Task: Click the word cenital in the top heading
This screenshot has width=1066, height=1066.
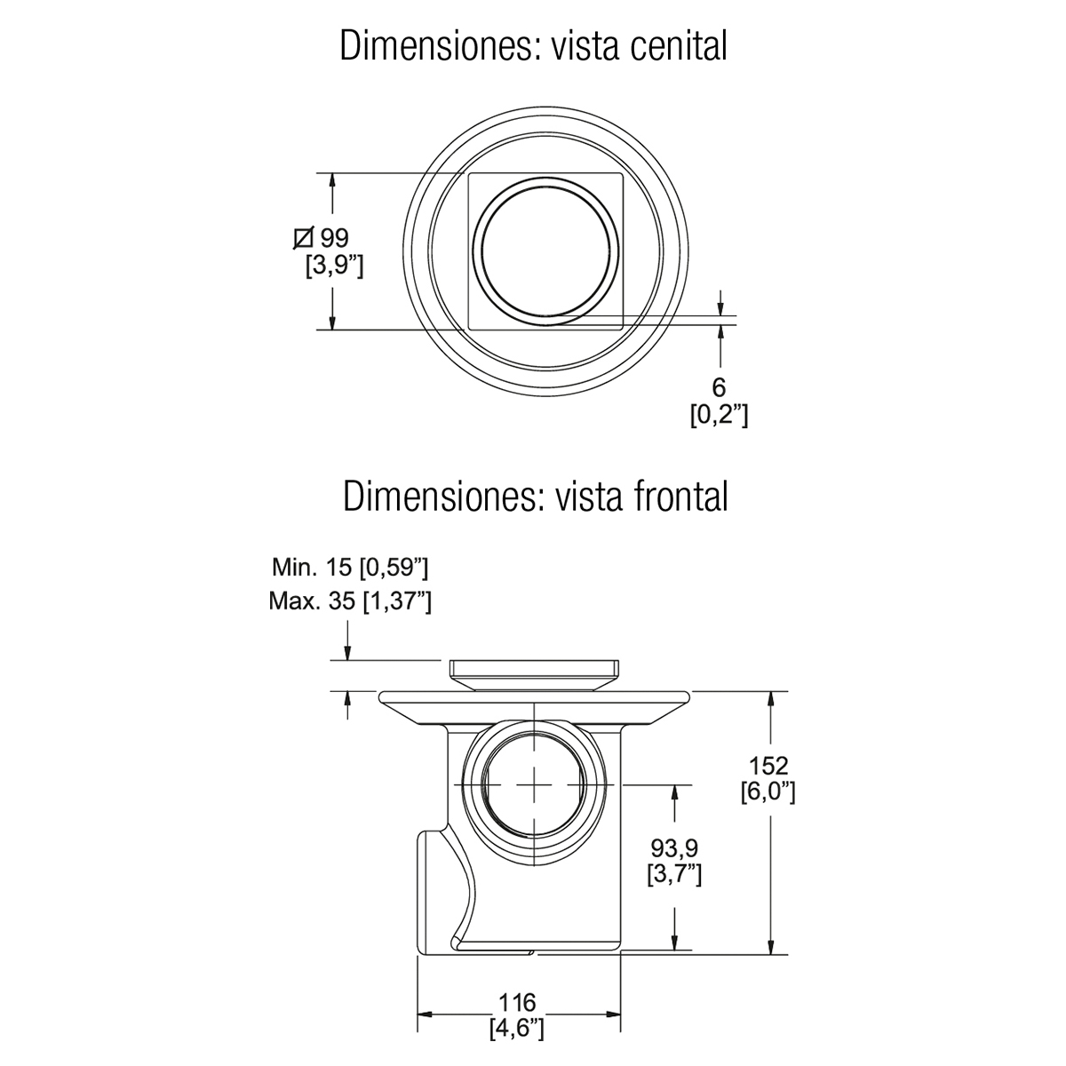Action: (x=678, y=45)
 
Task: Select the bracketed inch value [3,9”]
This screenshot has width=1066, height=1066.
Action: (x=335, y=266)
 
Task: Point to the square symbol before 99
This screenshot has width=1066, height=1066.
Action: (x=304, y=238)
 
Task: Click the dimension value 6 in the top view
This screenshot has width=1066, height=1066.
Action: (x=719, y=388)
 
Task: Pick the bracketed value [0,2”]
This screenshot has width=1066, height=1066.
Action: (x=719, y=415)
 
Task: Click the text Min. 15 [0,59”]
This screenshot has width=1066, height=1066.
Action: (x=350, y=568)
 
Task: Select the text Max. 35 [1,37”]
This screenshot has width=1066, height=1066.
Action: (x=350, y=601)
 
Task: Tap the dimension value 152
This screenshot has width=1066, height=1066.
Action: (x=768, y=766)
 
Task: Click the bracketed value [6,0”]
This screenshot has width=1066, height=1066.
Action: (x=768, y=792)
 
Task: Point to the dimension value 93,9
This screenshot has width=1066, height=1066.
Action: (x=674, y=848)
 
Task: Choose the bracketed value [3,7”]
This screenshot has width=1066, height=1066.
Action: (x=674, y=874)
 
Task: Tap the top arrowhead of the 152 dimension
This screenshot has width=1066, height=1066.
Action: (x=771, y=699)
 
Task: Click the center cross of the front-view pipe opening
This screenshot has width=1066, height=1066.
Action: (x=534, y=784)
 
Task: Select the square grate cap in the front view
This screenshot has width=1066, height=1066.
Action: (x=534, y=674)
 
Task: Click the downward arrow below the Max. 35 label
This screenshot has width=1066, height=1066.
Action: (x=347, y=640)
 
